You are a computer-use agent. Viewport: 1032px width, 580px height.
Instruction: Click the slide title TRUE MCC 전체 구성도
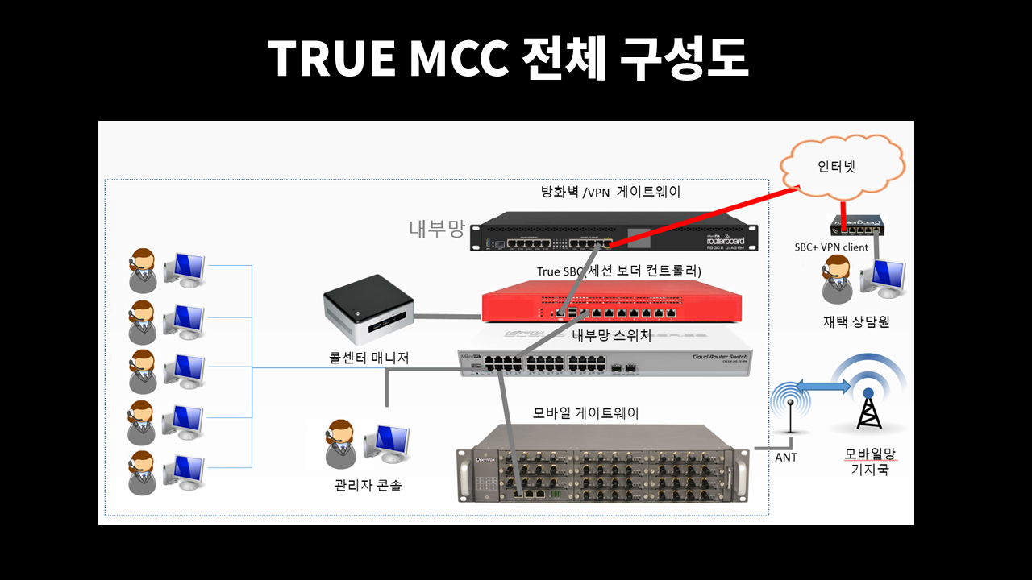[x=508, y=58]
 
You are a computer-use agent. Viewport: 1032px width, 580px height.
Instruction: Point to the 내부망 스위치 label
[x=611, y=335]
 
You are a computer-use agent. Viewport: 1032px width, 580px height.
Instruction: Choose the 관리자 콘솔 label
[x=368, y=486]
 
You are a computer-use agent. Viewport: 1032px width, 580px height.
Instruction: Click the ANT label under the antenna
[x=785, y=458]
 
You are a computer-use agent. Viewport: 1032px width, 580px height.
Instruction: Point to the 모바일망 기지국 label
[x=870, y=461]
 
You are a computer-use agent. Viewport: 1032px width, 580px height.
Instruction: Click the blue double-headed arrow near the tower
[x=824, y=387]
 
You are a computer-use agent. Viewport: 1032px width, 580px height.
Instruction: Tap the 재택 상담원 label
[x=855, y=321]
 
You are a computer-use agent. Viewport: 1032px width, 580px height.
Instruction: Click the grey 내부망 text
[x=436, y=229]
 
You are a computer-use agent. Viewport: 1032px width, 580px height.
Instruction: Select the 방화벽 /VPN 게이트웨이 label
[x=610, y=192]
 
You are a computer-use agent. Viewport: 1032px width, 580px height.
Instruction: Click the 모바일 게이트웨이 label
[x=586, y=413]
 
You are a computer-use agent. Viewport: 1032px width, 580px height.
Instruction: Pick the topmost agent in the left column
[x=143, y=270]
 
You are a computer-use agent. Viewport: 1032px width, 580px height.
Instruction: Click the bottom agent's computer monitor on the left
[x=185, y=470]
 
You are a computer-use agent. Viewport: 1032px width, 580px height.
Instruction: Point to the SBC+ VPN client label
[x=831, y=247]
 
